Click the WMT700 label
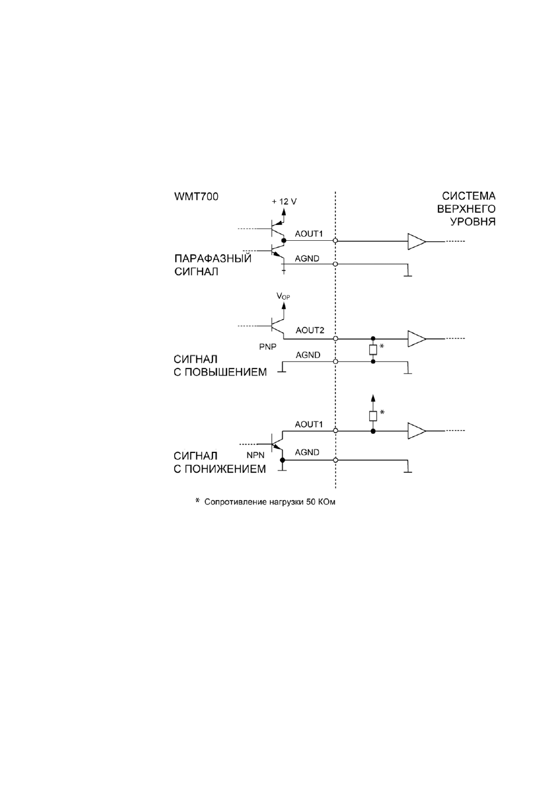(x=196, y=196)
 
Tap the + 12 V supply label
(x=284, y=201)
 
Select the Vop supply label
(x=284, y=296)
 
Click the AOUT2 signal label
(x=310, y=330)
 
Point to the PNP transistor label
(x=268, y=347)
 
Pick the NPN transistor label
(x=256, y=455)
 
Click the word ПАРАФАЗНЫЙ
(x=213, y=258)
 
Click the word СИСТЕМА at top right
(x=469, y=196)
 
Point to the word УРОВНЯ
(x=473, y=222)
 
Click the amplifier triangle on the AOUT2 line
(x=417, y=339)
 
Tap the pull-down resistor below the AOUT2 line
(x=373, y=350)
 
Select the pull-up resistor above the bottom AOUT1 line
(x=373, y=416)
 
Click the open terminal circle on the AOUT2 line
(x=335, y=339)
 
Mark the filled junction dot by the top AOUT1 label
(x=284, y=241)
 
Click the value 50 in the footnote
(x=311, y=502)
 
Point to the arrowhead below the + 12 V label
(x=284, y=212)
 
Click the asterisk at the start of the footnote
(x=197, y=500)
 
